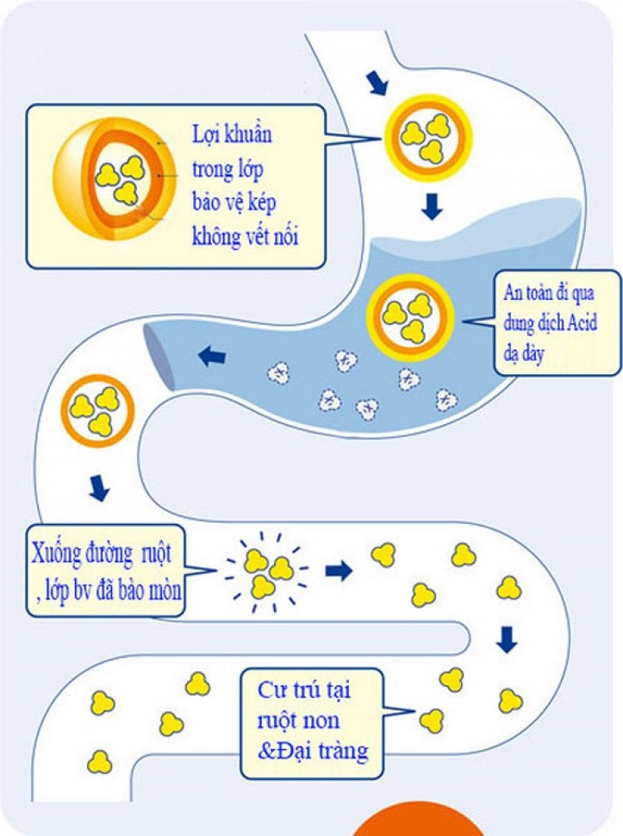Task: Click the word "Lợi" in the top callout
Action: [x=205, y=135]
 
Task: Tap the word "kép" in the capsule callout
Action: [x=260, y=203]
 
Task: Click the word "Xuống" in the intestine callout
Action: [x=55, y=553]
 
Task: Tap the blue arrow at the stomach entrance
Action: [x=378, y=83]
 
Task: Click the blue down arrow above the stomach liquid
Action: [x=431, y=206]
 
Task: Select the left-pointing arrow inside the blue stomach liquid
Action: [x=212, y=355]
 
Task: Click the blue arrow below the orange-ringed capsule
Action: [x=99, y=488]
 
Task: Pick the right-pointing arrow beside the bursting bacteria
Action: [x=340, y=571]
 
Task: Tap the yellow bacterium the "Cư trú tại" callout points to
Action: [x=431, y=721]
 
